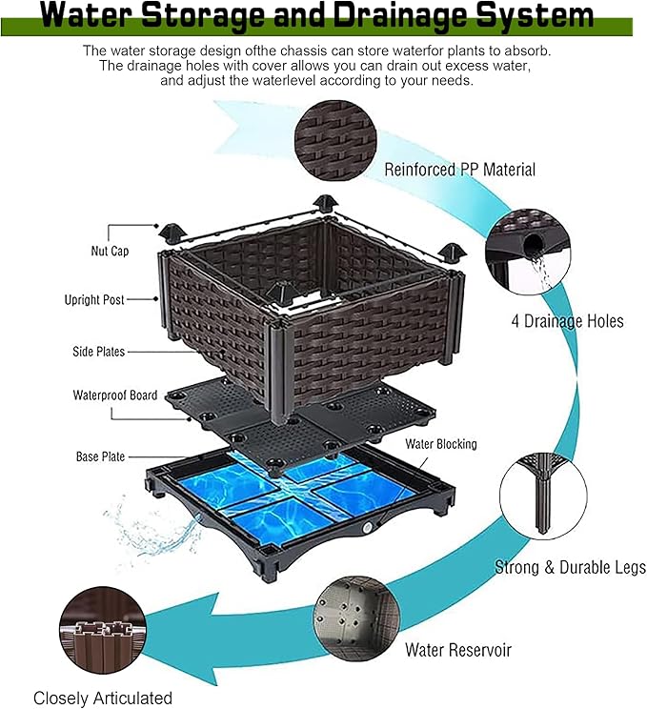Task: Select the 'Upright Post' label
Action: click(94, 300)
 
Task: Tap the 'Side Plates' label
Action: click(98, 352)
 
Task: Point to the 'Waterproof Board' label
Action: click(115, 395)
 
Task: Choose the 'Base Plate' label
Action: click(100, 456)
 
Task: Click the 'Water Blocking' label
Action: click(441, 444)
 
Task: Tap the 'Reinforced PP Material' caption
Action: click(459, 170)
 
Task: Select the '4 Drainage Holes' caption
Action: click(567, 321)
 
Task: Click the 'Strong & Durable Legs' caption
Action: click(570, 568)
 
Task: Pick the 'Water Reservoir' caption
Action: click(457, 650)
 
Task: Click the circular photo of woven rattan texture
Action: click(334, 134)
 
